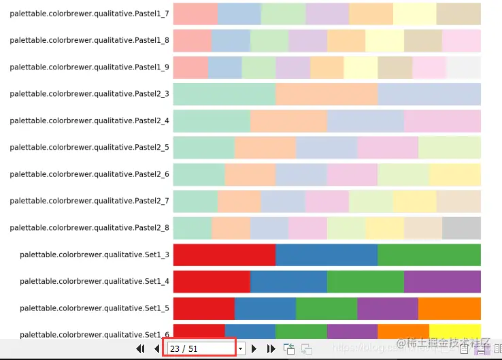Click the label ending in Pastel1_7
89,14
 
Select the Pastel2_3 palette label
89,94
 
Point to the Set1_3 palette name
95,255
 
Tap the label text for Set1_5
95,308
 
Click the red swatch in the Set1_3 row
224,255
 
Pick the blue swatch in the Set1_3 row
327,255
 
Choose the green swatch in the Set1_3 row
429,255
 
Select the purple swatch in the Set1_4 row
442,281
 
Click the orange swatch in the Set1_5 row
450,308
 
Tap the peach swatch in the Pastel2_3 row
327,94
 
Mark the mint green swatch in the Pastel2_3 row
224,94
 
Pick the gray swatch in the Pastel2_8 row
462,228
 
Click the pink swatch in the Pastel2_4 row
442,120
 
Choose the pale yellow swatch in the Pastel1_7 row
415,14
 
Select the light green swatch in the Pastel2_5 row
450,147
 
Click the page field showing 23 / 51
201,348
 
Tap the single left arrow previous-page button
157,348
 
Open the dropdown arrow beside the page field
240,348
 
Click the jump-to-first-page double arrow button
141,348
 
